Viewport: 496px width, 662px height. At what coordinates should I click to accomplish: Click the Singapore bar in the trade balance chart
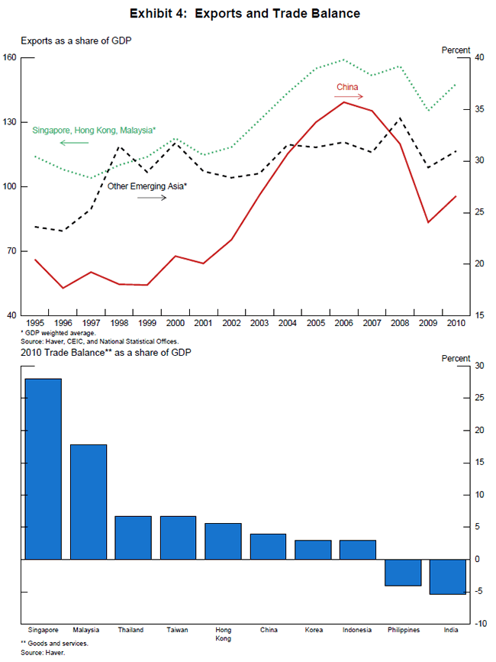(43, 469)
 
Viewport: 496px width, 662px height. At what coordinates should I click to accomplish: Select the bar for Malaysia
(89, 502)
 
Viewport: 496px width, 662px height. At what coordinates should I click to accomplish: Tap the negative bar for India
(447, 576)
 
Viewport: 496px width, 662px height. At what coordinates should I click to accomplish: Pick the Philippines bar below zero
(402, 573)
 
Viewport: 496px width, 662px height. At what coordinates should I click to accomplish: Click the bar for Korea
(312, 550)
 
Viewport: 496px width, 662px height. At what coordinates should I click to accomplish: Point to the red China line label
(347, 87)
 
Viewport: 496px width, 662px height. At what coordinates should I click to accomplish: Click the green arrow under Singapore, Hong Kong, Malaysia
(74, 143)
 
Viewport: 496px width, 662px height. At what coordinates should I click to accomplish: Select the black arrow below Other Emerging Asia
(152, 197)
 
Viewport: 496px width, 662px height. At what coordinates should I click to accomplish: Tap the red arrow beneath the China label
(352, 97)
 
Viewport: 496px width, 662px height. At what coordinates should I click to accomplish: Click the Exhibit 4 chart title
(245, 14)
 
